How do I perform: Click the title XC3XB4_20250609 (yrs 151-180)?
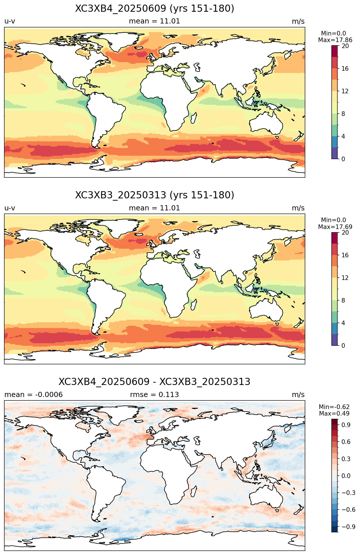(x=155, y=9)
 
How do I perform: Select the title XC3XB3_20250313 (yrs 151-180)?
(x=155, y=195)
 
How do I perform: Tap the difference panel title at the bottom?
(x=155, y=382)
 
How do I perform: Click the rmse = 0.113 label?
(x=155, y=395)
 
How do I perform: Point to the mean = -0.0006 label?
(x=34, y=395)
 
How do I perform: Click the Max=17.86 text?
(x=335, y=40)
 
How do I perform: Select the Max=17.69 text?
(x=335, y=227)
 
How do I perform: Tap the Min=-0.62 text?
(x=334, y=407)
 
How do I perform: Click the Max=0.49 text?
(x=334, y=414)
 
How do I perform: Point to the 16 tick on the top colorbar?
(x=345, y=68)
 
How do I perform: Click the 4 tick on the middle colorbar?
(x=343, y=323)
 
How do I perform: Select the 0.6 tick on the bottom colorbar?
(x=346, y=442)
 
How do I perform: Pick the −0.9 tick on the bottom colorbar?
(x=348, y=527)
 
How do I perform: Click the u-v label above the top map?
(x=10, y=21)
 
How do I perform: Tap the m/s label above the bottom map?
(x=298, y=395)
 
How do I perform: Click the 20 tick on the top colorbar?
(x=345, y=46)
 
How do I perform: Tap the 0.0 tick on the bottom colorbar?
(x=346, y=476)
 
